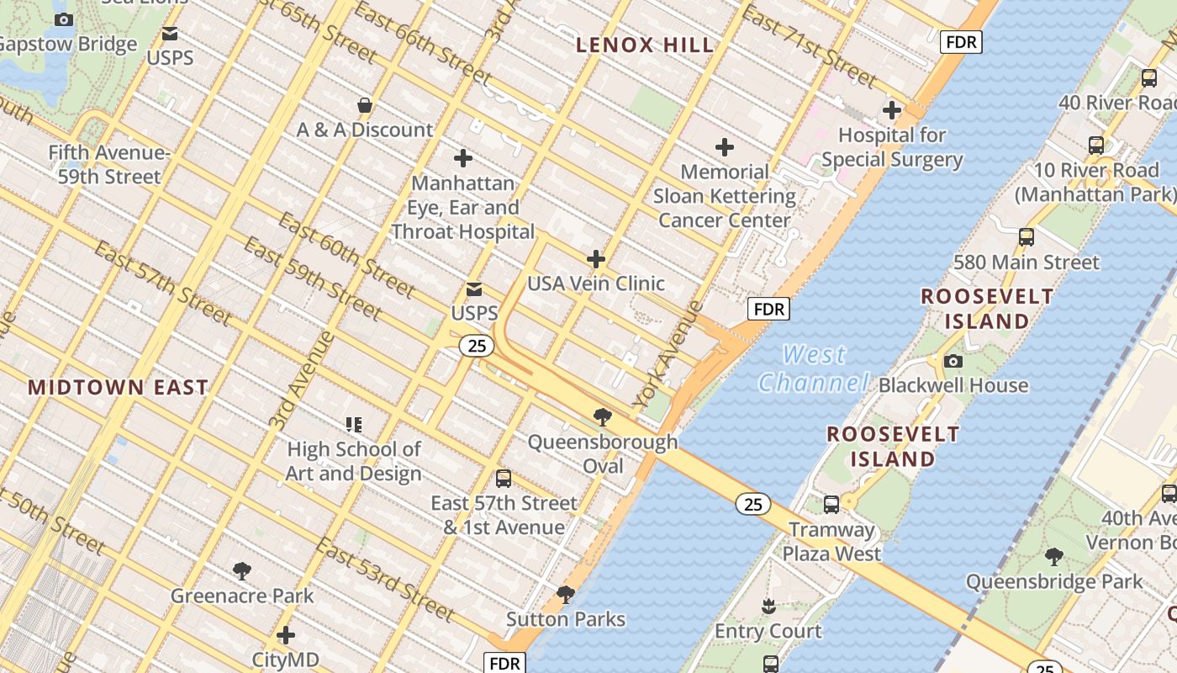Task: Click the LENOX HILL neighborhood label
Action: (645, 45)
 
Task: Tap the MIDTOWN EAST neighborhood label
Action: (118, 387)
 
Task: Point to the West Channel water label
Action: (813, 368)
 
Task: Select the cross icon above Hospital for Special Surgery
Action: (892, 110)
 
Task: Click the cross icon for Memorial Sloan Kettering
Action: (724, 147)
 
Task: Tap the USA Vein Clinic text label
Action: (596, 284)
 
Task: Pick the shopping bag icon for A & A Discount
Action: (365, 105)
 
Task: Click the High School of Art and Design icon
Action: (353, 425)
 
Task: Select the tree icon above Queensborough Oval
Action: (602, 416)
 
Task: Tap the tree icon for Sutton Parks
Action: (566, 595)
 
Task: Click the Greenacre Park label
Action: (242, 596)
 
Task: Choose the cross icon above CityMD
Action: (286, 634)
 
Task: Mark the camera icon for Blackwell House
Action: (953, 361)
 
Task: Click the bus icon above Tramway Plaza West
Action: (831, 505)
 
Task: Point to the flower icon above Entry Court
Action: (768, 606)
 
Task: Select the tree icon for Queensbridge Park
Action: (1053, 556)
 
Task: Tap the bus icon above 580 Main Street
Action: (1026, 237)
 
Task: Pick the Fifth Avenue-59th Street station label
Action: (108, 165)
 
